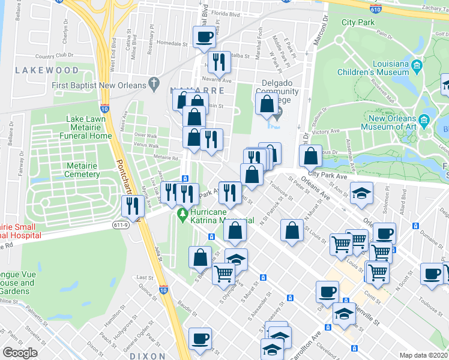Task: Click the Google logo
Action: [x=20, y=353]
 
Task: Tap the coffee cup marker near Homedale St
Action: [x=203, y=38]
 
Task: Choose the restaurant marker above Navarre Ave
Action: [x=219, y=62]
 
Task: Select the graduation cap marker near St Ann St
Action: [x=361, y=193]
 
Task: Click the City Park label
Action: [x=358, y=22]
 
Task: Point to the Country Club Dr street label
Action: [x=55, y=55]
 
